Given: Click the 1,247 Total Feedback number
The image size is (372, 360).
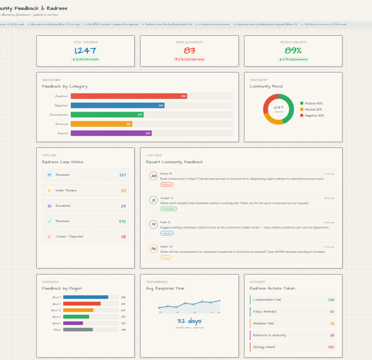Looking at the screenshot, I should point(85,51).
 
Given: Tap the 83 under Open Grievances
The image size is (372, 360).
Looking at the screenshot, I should point(189,51).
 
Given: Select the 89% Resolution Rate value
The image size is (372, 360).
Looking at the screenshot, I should point(293,51).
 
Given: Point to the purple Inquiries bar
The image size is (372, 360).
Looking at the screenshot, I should point(111,133).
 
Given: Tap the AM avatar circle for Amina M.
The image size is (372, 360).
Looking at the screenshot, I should point(153,176).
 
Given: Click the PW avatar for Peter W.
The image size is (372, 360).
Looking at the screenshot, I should point(153,249).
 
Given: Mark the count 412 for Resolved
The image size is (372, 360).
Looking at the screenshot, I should point(122,221).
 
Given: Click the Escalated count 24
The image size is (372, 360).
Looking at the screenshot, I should point(123,206).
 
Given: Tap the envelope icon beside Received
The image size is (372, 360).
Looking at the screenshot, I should point(49,175).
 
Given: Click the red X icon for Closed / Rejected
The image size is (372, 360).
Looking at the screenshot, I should point(49,236).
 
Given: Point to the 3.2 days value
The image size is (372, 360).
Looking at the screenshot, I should point(189,321).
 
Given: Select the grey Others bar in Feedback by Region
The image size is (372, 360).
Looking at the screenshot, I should point(78,330).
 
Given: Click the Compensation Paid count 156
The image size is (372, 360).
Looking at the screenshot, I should point(331,300).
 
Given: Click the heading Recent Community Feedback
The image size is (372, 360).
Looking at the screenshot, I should point(174,162).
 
